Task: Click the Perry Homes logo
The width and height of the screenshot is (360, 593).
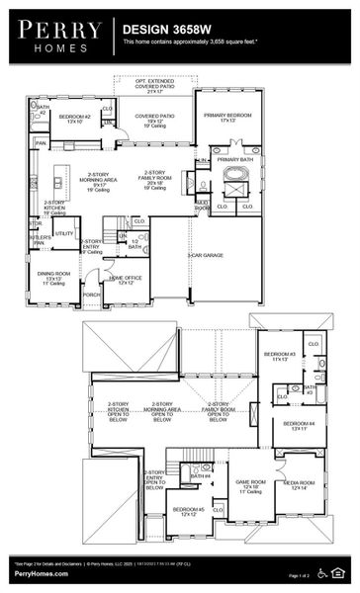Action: [x=56, y=35]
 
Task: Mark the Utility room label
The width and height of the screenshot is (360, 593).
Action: [x=63, y=233]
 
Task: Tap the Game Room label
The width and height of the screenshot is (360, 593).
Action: [x=248, y=484]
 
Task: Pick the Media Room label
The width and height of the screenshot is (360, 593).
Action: [x=298, y=485]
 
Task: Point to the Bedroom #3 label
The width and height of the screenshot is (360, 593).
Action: [x=278, y=356]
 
